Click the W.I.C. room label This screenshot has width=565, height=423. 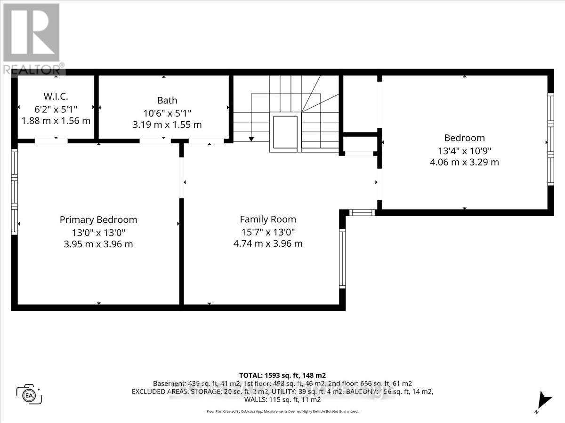coord(56,96)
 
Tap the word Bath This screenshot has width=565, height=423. coord(167,100)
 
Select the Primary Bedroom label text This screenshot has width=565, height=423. coord(98,219)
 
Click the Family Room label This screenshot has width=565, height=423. coord(268,219)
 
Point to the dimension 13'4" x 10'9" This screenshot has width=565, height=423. coord(464,150)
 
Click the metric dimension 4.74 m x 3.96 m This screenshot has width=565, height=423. coord(268,243)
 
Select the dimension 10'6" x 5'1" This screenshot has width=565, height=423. coord(167,113)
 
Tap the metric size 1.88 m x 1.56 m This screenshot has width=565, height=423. coord(56,121)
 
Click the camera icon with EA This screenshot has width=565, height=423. coord(29,394)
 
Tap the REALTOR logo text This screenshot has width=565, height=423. coord(33,69)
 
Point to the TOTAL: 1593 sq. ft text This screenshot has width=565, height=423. coord(282,375)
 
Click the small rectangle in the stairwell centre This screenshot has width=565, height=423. coord(285,133)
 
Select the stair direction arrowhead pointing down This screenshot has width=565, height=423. coord(251,139)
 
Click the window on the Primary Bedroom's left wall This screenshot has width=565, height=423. coord(15,192)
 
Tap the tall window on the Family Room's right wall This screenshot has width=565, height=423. coord(342,258)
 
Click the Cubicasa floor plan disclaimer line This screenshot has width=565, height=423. coord(282,411)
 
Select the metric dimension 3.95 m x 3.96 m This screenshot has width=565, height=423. coord(98,244)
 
